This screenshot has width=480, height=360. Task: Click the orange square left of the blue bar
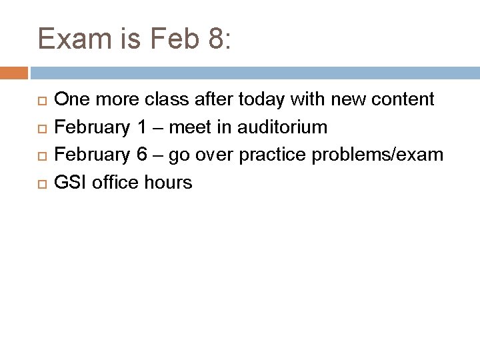(14, 73)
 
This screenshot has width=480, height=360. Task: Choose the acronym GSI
(71, 182)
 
